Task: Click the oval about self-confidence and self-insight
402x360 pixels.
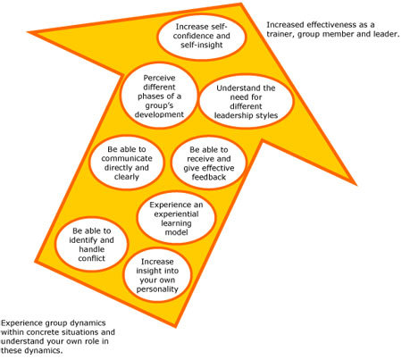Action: point(202,37)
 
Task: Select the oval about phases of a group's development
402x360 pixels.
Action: point(159,96)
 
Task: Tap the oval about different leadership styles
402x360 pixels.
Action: point(246,102)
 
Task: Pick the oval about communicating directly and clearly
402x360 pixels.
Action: point(127,163)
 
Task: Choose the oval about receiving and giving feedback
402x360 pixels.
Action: point(209,163)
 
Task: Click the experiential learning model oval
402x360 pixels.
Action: point(176,218)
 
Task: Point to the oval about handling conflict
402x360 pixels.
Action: point(91,244)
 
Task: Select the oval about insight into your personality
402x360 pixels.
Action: point(157,275)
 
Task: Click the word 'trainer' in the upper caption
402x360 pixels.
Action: point(281,34)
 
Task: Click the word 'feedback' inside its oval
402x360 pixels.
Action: point(209,177)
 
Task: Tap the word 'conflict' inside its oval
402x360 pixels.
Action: point(91,258)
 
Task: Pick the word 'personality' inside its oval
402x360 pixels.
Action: point(157,289)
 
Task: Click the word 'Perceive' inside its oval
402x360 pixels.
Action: point(159,78)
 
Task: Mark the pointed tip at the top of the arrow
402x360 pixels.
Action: point(241,4)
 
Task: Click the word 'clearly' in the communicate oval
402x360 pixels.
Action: point(127,177)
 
